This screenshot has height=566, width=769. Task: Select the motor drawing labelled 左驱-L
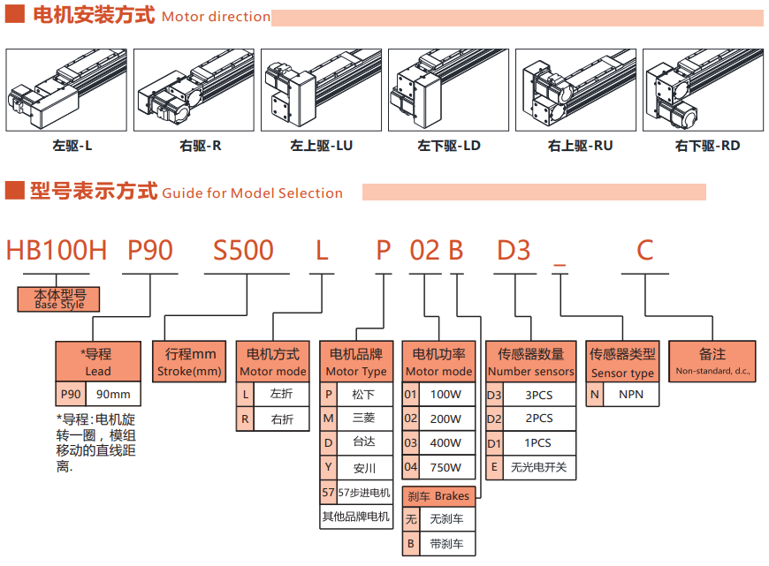click(x=66, y=90)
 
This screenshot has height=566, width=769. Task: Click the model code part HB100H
click(x=57, y=251)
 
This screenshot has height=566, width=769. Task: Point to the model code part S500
click(x=244, y=251)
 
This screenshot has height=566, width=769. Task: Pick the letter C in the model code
click(x=644, y=251)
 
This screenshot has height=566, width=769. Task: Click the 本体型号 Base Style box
click(x=59, y=299)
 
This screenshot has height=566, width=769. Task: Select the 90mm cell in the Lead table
click(x=113, y=395)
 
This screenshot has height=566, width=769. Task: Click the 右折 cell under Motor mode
click(x=282, y=419)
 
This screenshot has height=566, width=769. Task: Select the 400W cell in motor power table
click(x=446, y=443)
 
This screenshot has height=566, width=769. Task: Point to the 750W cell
click(x=446, y=467)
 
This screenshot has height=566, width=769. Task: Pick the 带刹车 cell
click(x=446, y=544)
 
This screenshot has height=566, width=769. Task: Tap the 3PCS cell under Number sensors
click(x=539, y=395)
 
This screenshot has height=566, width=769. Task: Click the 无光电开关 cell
click(x=539, y=467)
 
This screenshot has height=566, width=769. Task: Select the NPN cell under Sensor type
click(x=631, y=395)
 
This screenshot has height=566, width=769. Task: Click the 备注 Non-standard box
click(x=712, y=362)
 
